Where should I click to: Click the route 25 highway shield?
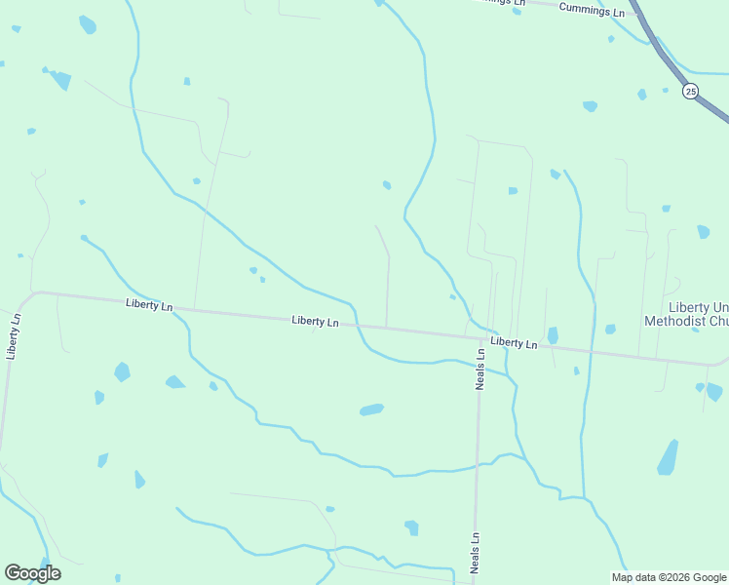[x=690, y=91]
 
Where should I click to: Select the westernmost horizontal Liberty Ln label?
[x=149, y=305]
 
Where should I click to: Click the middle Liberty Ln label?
[x=316, y=321]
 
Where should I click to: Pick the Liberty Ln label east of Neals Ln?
[x=515, y=343]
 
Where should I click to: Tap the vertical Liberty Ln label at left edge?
[x=13, y=336]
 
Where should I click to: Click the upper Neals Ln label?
[x=480, y=369]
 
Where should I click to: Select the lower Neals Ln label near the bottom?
[x=476, y=553]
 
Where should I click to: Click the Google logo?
[x=32, y=573]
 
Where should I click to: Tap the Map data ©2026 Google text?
[x=669, y=577]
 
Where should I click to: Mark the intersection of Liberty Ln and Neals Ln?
[x=480, y=337]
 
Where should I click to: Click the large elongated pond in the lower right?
[x=668, y=457]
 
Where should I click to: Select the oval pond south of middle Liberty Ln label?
[x=371, y=409]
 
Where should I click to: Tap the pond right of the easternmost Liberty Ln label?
[x=553, y=335]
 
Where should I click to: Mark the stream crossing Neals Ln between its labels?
[x=478, y=465]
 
